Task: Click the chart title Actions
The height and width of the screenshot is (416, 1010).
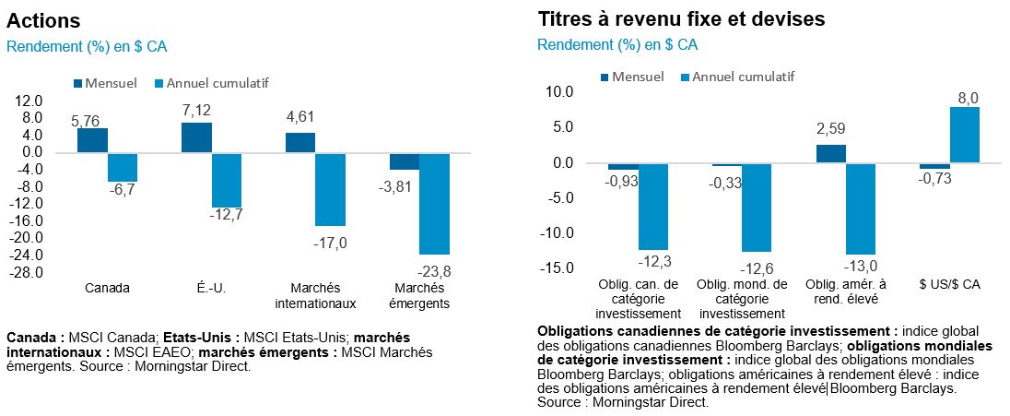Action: pos(43,20)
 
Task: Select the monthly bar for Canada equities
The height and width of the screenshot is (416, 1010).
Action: pos(92,140)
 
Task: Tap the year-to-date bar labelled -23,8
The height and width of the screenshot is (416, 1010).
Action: pos(434,204)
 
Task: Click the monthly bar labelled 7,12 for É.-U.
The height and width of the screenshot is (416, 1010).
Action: pos(196,137)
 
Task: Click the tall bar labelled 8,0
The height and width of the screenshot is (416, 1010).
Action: pos(965,135)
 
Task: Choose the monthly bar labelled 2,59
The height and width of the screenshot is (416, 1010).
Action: pos(831,153)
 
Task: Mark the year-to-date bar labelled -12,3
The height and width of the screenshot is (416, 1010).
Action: pos(652,207)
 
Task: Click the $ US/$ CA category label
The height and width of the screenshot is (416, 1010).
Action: pos(950,284)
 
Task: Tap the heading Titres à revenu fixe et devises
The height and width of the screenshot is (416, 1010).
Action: pos(680,18)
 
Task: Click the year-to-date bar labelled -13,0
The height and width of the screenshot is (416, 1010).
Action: pos(861,208)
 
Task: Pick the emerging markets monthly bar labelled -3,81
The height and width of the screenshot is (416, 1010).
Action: pos(405,161)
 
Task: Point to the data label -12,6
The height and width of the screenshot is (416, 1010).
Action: pos(756,268)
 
